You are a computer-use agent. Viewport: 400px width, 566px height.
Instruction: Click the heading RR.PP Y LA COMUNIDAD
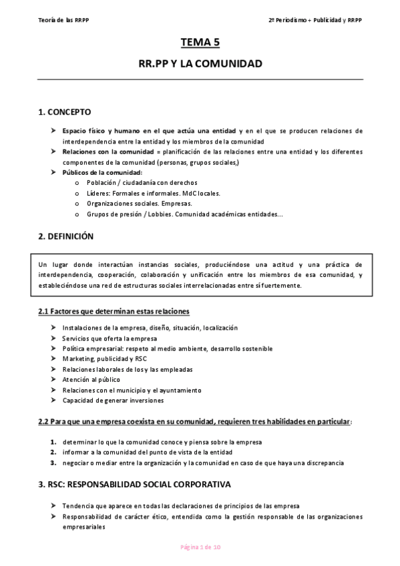200,65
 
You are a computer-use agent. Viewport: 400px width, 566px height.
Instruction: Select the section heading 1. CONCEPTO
65,111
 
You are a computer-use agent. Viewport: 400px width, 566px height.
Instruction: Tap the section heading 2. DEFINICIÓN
66,236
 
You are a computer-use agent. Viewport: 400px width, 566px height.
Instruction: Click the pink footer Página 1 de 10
200,547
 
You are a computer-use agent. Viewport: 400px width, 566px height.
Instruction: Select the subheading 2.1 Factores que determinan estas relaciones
114,312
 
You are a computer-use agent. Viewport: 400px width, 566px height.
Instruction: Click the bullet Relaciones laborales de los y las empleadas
128,369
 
